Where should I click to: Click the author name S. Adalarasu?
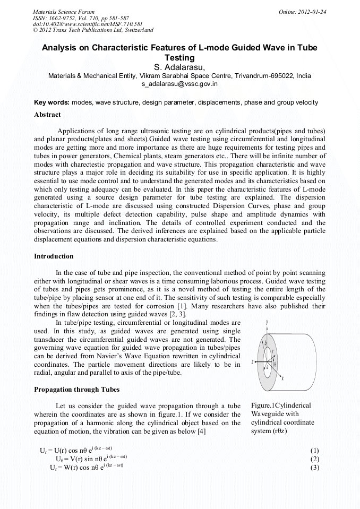click(x=179, y=67)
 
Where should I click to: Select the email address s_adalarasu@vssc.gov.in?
click(x=179, y=84)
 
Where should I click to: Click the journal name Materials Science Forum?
click(x=64, y=12)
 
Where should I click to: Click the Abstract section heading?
click(x=47, y=115)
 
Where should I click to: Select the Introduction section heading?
click(x=54, y=256)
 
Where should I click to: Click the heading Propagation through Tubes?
click(x=77, y=389)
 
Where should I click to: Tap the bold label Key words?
click(x=52, y=102)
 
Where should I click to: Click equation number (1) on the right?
click(x=314, y=451)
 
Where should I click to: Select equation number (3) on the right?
click(x=314, y=468)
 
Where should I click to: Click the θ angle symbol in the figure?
click(x=275, y=365)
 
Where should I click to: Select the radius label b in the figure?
click(x=265, y=343)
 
